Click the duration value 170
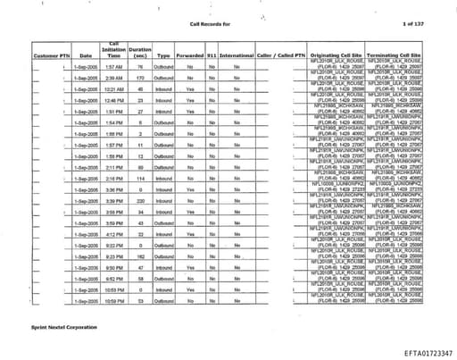tap(140, 79)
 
